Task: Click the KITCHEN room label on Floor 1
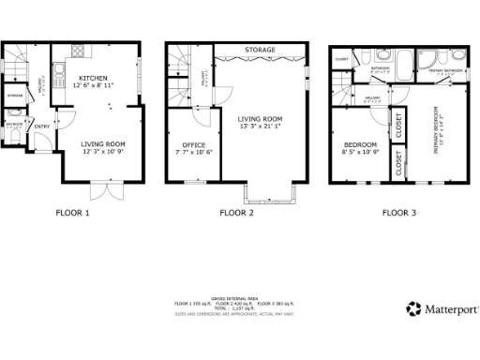pos(93,77)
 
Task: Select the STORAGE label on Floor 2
pos(260,48)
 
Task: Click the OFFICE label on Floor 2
pos(192,144)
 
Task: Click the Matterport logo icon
pos(413,308)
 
